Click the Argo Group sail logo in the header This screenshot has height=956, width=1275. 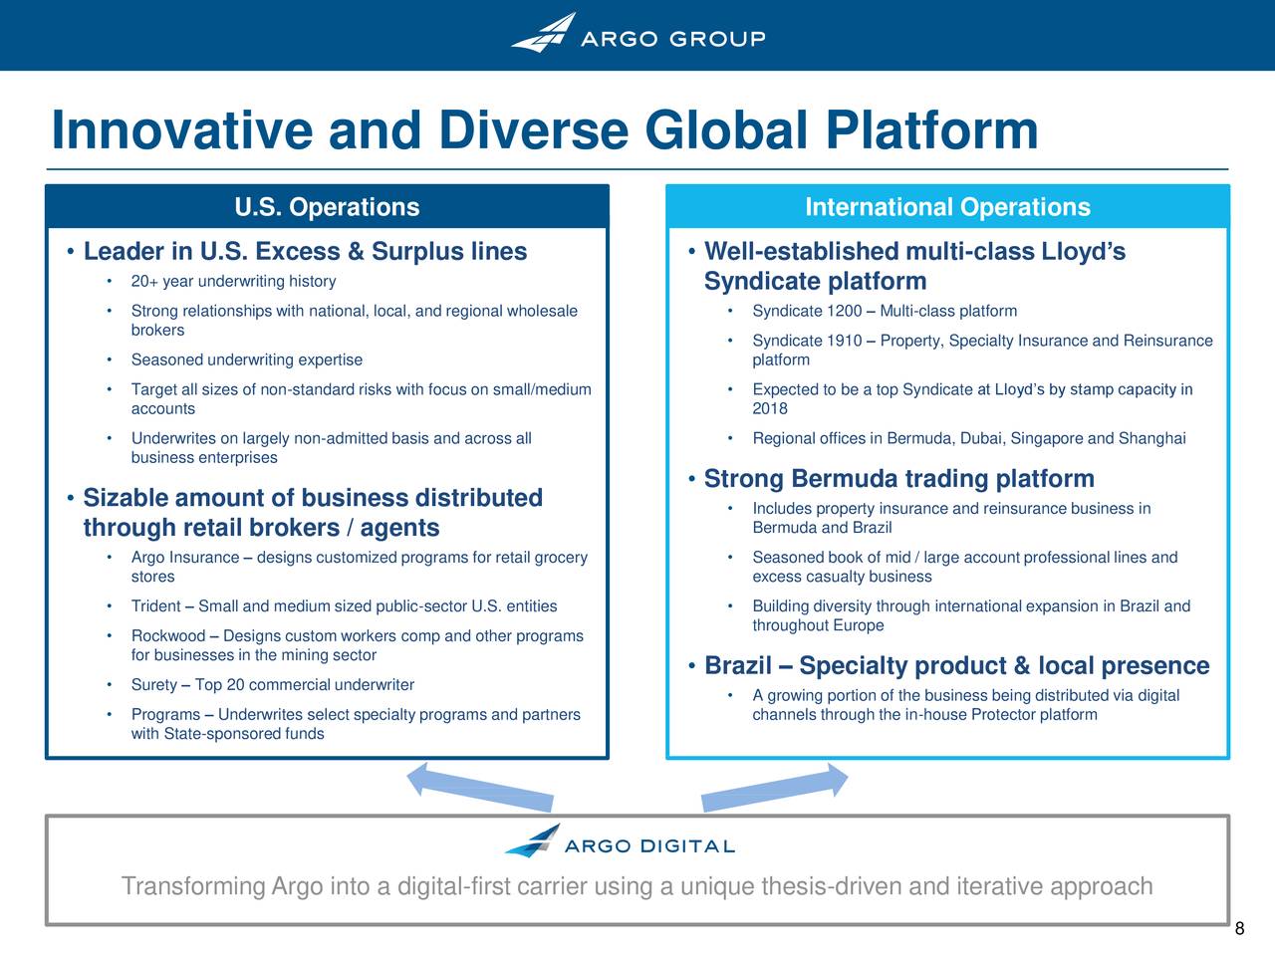(544, 33)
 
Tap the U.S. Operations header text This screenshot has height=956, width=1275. (327, 207)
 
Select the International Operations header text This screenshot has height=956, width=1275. (947, 207)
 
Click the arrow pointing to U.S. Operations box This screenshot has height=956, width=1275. (480, 788)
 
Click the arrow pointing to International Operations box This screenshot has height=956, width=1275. (775, 788)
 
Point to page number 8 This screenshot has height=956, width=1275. (1239, 929)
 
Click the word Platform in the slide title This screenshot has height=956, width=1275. (931, 130)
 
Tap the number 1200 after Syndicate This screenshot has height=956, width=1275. (844, 311)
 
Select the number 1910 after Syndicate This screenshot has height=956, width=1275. (844, 341)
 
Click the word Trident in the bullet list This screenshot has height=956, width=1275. (155, 606)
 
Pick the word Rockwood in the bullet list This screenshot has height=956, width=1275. (168, 636)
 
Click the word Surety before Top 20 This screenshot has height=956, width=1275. (154, 685)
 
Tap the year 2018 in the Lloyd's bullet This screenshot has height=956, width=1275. (770, 408)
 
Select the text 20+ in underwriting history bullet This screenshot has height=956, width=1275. (140, 282)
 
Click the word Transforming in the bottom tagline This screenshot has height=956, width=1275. (193, 886)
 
